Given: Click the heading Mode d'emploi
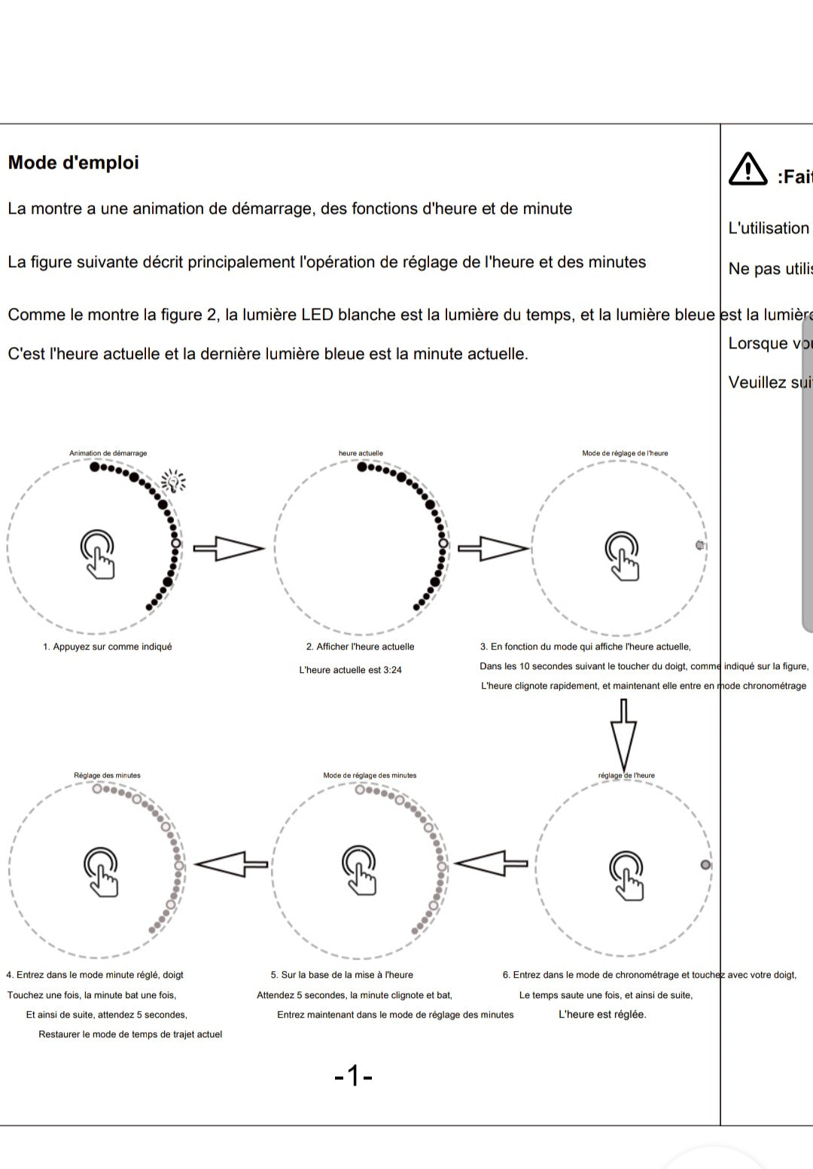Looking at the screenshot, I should (73, 163).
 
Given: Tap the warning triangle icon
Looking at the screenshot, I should (747, 169).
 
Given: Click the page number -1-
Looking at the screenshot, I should (353, 1076).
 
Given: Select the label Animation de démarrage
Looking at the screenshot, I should (108, 453).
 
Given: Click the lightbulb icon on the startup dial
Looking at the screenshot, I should (175, 480).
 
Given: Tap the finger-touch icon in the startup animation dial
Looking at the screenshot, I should (99, 553).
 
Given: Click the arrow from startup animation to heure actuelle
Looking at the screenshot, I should (229, 549).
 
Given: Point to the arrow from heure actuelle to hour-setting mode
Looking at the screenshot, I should (493, 549).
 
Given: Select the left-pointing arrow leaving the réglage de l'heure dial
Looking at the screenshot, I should (492, 863).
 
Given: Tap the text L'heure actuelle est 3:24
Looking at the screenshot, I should (350, 670).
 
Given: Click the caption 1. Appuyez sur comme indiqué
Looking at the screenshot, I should (107, 647).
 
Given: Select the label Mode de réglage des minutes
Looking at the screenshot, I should (370, 775).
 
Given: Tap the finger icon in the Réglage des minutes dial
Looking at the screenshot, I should (103, 872).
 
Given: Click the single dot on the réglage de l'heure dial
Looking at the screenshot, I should (705, 865).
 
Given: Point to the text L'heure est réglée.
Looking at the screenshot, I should (602, 1014).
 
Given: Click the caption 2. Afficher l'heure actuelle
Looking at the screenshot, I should (360, 647).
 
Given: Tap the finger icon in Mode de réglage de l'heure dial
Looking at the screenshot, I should (624, 556).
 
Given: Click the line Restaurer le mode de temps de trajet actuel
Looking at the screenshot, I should (130, 1034).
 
